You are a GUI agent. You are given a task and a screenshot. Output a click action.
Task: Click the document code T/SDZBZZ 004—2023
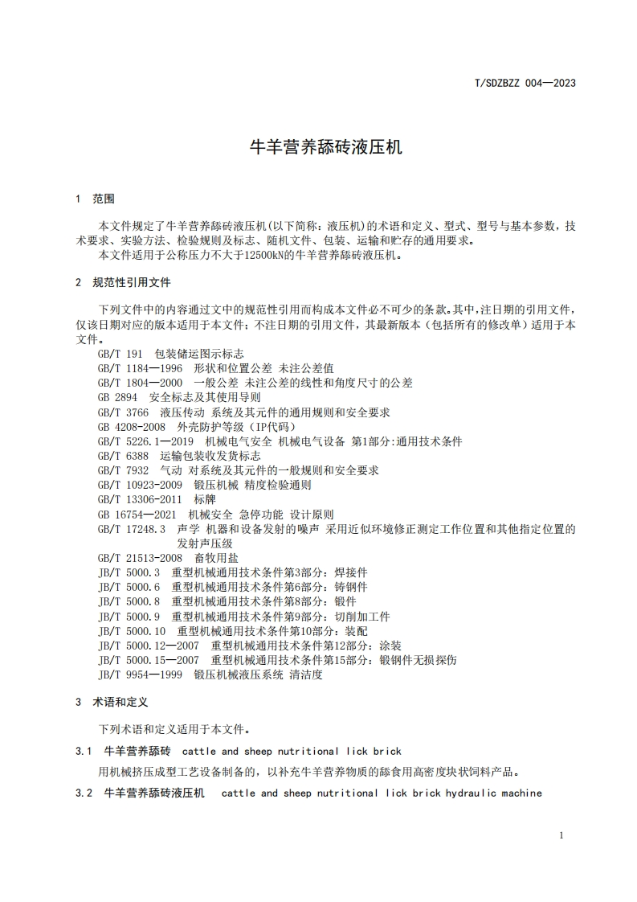click(525, 82)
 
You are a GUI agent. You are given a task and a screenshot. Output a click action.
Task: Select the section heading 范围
click(104, 198)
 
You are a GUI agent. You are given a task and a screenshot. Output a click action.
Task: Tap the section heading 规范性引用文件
click(132, 283)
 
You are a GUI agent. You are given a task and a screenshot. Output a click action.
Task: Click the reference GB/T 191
click(120, 354)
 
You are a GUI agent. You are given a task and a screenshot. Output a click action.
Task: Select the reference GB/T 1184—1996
click(140, 368)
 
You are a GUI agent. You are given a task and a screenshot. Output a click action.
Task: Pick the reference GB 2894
click(117, 397)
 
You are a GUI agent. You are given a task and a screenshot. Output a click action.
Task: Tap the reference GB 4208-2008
click(131, 427)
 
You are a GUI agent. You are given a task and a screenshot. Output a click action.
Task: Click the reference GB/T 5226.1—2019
click(145, 441)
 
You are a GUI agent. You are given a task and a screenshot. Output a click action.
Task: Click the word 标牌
click(205, 499)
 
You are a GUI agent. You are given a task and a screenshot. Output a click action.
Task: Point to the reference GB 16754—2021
click(137, 514)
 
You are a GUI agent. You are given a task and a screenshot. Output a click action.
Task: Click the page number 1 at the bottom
click(561, 835)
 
